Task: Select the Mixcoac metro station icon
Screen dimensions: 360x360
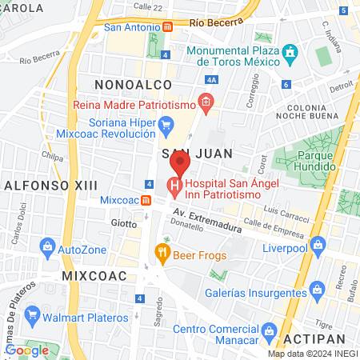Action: click(x=146, y=199)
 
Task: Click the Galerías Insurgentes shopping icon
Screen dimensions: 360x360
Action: click(x=318, y=286)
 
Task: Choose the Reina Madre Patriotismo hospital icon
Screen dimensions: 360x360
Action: click(x=206, y=102)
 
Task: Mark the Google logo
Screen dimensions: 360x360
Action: click(x=26, y=350)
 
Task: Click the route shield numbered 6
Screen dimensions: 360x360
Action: click(x=286, y=84)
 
